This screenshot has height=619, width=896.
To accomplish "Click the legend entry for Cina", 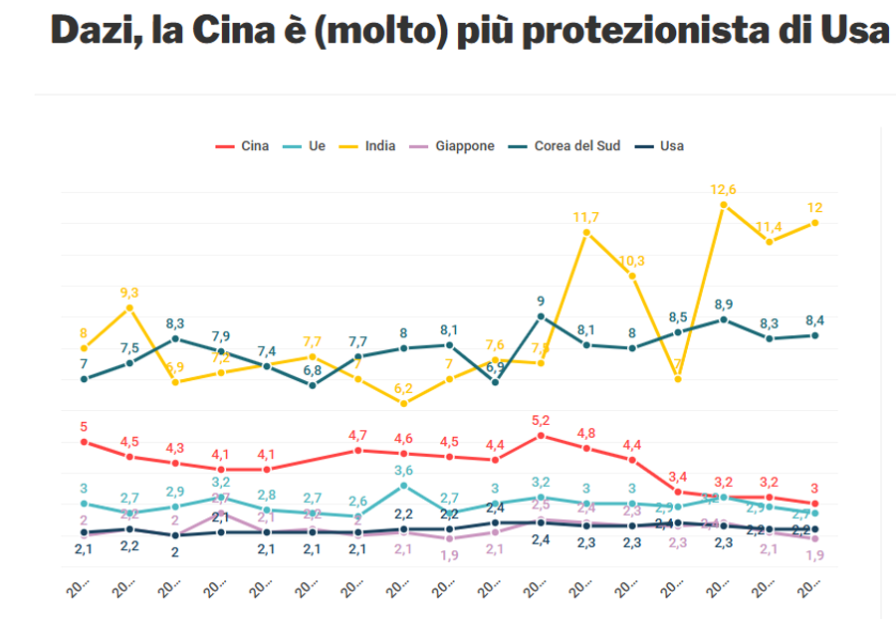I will pos(243,146).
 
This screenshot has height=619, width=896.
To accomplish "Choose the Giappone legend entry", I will pos(453,146).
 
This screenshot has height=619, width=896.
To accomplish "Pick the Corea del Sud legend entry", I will pos(566,146).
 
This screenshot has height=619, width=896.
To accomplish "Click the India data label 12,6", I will pos(724,189).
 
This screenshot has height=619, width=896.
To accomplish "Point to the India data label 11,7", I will pos(586,217).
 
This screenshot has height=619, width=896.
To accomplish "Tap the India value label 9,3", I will pos(129,293).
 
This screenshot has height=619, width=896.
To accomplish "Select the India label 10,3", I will pos(632,261).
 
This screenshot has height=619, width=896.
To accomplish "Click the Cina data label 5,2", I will pos(541,420).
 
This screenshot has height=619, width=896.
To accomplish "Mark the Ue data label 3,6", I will pos(403,470).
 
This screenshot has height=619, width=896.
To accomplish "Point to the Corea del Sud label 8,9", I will pos(724,305).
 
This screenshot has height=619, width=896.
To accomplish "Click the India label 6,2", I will pos(403,388).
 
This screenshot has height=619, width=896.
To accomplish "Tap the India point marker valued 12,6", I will pos(724,205).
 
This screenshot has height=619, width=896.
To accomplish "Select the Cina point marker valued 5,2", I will pos(541,435).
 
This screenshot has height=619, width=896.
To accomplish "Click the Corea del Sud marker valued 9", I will pos(541,316).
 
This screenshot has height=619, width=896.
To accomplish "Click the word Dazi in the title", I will pos(88,31).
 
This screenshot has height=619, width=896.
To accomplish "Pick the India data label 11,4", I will pos(770,226).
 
